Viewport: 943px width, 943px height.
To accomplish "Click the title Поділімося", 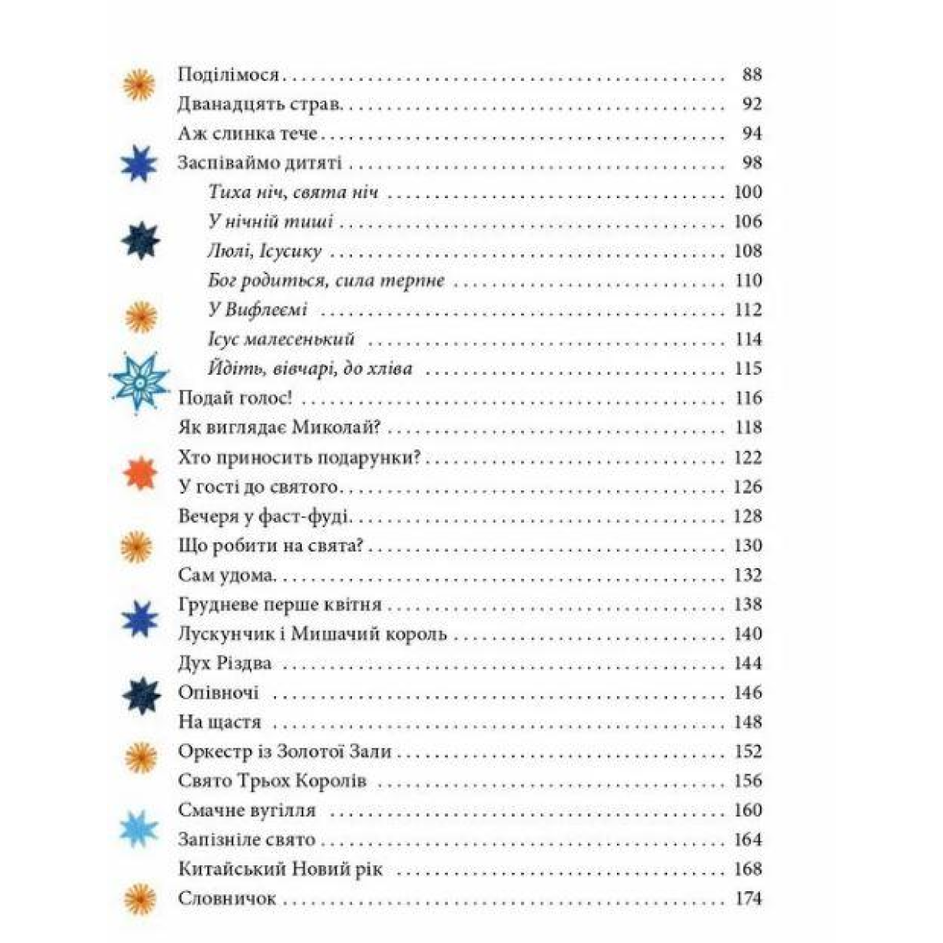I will click(229, 75).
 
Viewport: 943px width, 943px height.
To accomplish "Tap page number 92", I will click(751, 105).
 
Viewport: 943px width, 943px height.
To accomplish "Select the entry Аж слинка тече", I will click(248, 134).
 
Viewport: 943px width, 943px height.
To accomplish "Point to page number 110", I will click(748, 281).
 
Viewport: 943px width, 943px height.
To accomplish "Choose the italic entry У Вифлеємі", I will click(258, 310).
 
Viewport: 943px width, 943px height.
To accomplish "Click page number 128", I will click(748, 516).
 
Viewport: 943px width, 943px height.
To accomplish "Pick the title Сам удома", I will click(227, 575).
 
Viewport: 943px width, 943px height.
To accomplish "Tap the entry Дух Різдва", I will click(225, 663).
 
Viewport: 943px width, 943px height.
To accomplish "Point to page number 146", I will click(748, 692).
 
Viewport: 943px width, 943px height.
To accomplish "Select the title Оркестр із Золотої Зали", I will click(284, 751).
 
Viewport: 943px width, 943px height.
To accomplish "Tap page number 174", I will click(748, 898).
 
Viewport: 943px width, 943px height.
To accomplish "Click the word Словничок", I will click(227, 898).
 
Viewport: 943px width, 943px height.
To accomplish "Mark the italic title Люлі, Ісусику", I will click(266, 251).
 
